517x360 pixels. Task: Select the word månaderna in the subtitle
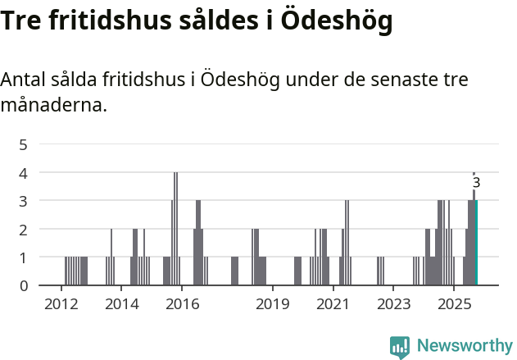pyautogui.click(x=54, y=106)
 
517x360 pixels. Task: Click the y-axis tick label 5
pyautogui.click(x=24, y=144)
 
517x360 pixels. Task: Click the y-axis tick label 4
pyautogui.click(x=24, y=173)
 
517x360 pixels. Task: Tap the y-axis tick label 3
pyautogui.click(x=24, y=201)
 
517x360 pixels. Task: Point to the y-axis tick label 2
pyautogui.click(x=24, y=230)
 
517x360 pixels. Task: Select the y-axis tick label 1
pyautogui.click(x=24, y=257)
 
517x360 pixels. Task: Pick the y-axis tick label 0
pyautogui.click(x=24, y=285)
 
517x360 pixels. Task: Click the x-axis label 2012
pyautogui.click(x=61, y=305)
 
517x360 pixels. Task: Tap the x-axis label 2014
pyautogui.click(x=121, y=305)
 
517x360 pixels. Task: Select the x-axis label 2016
pyautogui.click(x=182, y=305)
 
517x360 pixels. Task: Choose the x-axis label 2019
pyautogui.click(x=272, y=305)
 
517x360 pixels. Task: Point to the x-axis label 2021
pyautogui.click(x=333, y=305)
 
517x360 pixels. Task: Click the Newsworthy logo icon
pyautogui.click(x=400, y=347)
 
